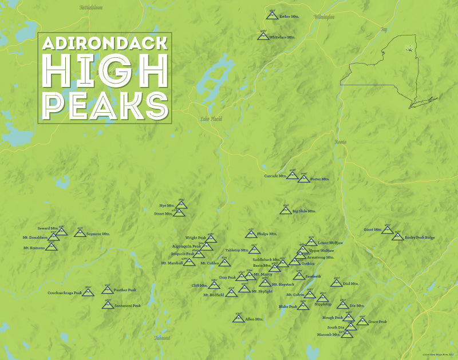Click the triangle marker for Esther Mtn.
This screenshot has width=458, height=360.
271,16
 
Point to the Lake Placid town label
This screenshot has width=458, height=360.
211,119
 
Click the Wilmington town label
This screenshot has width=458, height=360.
323,17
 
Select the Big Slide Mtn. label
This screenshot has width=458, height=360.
303,211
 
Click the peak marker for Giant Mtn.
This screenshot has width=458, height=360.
388,230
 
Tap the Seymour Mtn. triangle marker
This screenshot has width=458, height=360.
80,233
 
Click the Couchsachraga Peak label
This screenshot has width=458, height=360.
65,292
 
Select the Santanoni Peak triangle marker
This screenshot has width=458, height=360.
107,305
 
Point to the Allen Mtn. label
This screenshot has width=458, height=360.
254,319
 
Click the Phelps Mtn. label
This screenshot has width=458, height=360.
267,234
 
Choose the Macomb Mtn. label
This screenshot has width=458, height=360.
328,334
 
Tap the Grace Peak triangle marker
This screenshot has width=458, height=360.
362,322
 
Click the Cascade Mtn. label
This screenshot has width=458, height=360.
275,176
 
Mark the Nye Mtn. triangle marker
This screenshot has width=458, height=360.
181,205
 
